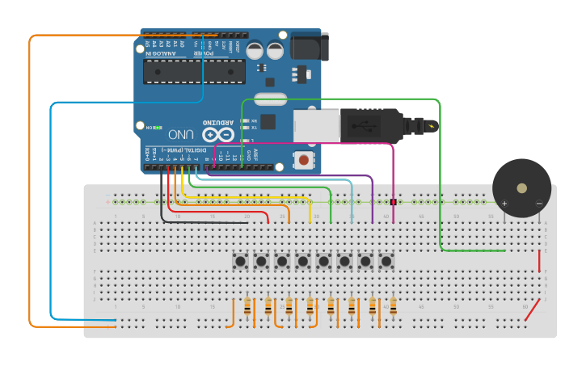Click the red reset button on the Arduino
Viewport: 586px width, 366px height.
[303, 160]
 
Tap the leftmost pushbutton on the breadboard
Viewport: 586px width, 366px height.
[240, 261]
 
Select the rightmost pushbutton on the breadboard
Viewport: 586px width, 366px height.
[386, 261]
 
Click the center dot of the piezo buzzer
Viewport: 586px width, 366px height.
[521, 188]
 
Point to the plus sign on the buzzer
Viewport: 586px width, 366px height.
[504, 204]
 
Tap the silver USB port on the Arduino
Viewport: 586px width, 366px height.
[315, 126]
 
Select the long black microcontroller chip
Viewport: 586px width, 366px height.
[194, 72]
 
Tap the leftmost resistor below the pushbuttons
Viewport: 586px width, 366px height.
[247, 307]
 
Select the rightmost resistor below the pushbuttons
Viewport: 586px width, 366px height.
[393, 307]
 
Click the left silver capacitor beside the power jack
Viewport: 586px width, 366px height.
[255, 50]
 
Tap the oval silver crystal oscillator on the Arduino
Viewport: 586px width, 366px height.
[269, 100]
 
